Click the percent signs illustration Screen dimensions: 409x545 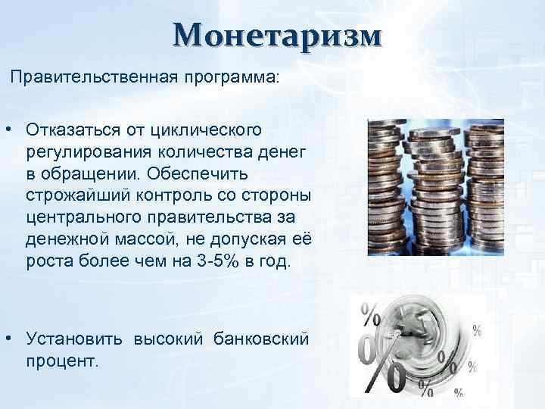pos(413,345)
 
